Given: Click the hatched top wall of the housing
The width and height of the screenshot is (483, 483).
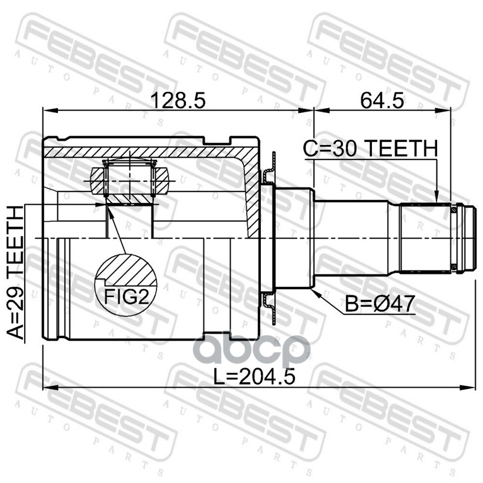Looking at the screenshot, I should coord(145,149).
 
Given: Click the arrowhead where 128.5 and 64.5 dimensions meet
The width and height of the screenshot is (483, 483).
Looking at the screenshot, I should coord(313,110).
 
